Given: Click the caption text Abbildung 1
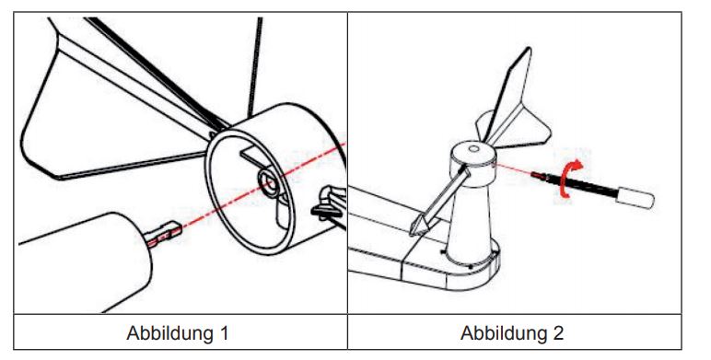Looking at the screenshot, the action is [x=178, y=333].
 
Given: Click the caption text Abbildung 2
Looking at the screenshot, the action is [x=512, y=333].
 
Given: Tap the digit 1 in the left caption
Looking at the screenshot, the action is [x=224, y=333].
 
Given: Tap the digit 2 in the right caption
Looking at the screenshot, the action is [x=558, y=333].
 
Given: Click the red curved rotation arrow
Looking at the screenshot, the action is [x=564, y=181].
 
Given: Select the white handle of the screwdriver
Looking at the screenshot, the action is [x=635, y=197].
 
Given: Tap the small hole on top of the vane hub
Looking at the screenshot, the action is [x=473, y=148].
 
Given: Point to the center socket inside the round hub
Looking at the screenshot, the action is [x=269, y=181].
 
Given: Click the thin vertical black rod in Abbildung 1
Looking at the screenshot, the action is [x=255, y=68].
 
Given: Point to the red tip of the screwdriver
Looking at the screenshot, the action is [x=537, y=175].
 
